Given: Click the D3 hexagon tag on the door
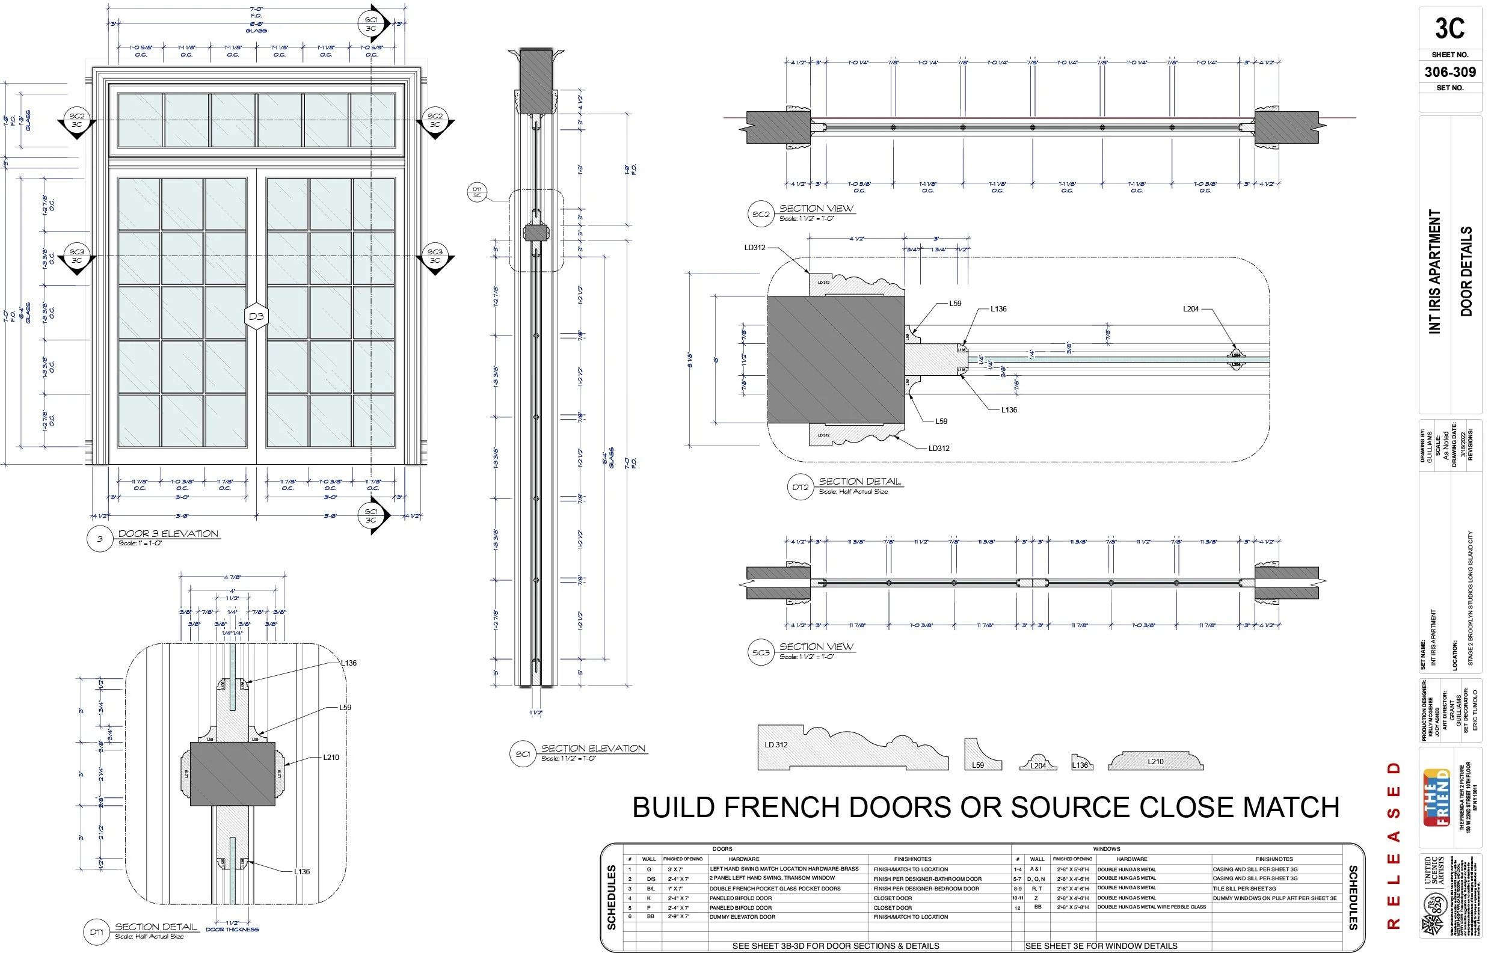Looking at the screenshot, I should [x=256, y=316].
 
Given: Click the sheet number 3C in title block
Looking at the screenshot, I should [x=1449, y=29].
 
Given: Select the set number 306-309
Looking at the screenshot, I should [x=1449, y=72].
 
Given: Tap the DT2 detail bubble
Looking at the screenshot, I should [x=800, y=488].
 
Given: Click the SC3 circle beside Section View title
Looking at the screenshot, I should [x=760, y=653].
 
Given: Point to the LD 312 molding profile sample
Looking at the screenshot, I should [x=852, y=750].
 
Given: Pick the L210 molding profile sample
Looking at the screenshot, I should [x=1155, y=761].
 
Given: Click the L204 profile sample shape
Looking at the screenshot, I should [x=1038, y=764].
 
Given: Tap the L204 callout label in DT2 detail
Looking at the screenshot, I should [x=1190, y=309].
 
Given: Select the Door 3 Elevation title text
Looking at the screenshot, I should [x=168, y=533].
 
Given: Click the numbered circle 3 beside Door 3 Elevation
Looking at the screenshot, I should [x=99, y=539].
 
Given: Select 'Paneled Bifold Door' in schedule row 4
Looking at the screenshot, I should [x=740, y=898].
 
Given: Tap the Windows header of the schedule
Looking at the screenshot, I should [x=1106, y=849].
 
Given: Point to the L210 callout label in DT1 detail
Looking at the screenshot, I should [x=331, y=757].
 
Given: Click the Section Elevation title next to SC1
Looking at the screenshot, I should [x=593, y=749].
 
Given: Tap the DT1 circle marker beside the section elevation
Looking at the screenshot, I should [x=477, y=192].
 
